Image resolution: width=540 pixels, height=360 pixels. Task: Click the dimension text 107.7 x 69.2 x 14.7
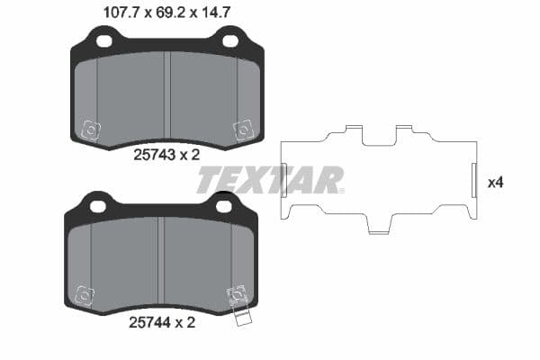[x=167, y=12]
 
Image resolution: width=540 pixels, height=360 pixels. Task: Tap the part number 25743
[x=152, y=154]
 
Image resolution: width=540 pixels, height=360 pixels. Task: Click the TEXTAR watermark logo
[x=270, y=180]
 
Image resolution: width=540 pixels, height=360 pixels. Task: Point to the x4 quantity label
[x=494, y=182]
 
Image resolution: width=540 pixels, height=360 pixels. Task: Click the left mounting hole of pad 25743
[x=104, y=40]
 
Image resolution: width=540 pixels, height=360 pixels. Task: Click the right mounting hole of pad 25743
[x=230, y=40]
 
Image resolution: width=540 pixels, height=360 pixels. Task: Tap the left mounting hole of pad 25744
[x=98, y=206]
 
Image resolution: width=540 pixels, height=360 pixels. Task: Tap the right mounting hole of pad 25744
[x=224, y=206]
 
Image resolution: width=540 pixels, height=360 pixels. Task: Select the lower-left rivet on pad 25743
[x=89, y=130]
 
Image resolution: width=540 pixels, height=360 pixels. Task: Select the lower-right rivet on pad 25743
[x=242, y=130]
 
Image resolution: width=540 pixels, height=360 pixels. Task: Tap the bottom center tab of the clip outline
[x=380, y=229]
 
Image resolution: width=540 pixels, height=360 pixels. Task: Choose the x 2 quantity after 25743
[x=188, y=154]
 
